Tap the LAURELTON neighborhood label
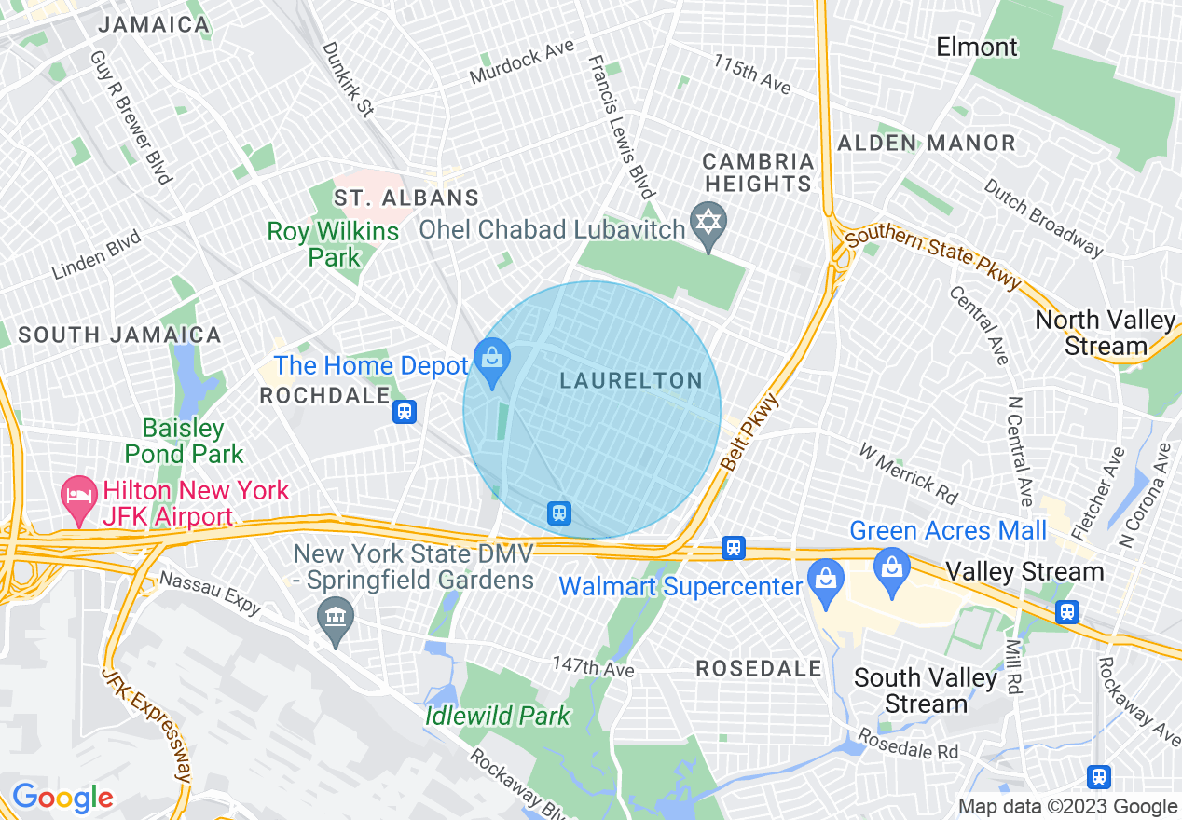coord(631,380)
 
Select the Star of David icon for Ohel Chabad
coord(708,224)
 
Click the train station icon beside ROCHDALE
coord(405,411)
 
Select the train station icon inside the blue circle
coord(558,512)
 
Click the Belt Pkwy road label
coord(749,430)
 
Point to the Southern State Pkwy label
coord(933,257)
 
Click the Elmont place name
coord(977,47)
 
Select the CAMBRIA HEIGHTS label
coord(758,172)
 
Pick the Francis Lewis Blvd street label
coord(620,128)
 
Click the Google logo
coord(62,798)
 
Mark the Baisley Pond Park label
coord(184,441)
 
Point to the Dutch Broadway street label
coord(1043,217)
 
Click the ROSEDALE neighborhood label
coord(760,668)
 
